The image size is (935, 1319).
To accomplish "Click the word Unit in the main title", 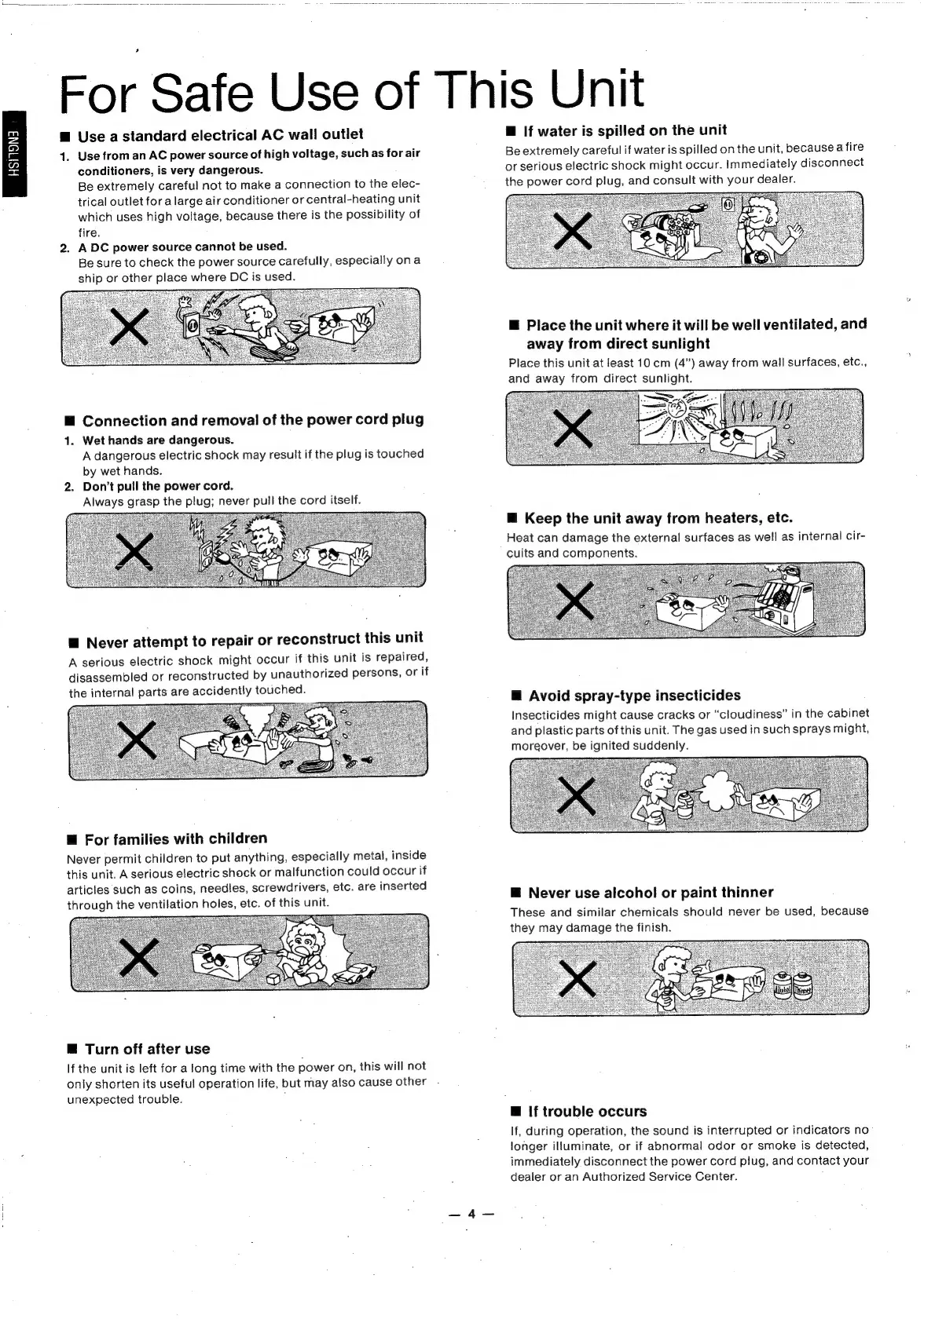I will point(596,89).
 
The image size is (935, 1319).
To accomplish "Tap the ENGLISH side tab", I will point(13,155).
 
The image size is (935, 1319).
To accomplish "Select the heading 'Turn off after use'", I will point(147,1049).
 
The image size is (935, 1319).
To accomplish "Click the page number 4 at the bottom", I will point(471,1214).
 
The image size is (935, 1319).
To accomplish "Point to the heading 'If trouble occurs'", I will point(587,1111).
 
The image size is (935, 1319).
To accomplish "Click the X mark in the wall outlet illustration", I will point(130,326).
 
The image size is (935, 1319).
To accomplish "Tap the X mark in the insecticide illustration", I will point(576,795).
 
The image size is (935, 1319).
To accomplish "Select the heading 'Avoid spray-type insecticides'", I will point(634,696).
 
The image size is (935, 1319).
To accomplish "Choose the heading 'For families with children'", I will point(175,839).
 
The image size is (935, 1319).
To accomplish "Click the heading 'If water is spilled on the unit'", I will point(625,130).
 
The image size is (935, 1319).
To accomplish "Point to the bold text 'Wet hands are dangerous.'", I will point(158,440).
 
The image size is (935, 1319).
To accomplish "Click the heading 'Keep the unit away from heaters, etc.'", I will point(658,518).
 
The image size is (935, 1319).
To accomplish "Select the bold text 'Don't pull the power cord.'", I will point(158,486).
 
